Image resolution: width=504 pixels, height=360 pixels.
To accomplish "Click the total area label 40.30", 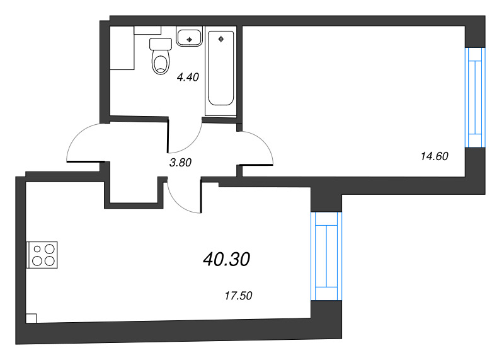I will (227, 258).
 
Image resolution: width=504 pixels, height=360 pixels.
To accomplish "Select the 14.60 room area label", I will (433, 156).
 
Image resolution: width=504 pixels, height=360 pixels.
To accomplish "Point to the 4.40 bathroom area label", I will (188, 78).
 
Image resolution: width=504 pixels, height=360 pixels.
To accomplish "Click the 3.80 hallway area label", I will (180, 162).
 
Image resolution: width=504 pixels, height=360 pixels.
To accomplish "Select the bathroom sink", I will (189, 37).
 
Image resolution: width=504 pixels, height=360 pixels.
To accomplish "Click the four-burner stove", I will (43, 255).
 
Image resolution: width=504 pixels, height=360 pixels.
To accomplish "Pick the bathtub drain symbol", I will (221, 39).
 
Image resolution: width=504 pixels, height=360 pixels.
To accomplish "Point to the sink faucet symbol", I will (189, 39).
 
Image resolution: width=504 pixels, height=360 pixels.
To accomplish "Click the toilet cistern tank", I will (161, 44).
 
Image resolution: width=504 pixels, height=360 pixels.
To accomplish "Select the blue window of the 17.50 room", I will (326, 256).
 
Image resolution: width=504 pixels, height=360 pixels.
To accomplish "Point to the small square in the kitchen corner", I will (31, 318).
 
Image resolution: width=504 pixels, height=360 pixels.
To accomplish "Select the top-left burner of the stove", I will (37, 248).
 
